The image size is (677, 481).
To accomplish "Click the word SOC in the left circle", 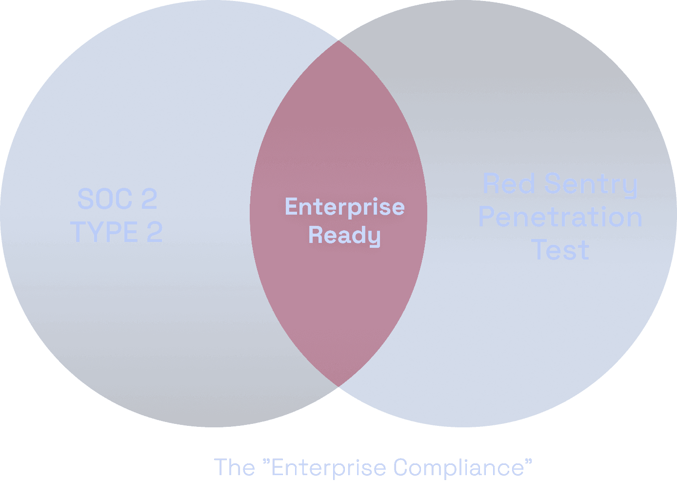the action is (x=105, y=199).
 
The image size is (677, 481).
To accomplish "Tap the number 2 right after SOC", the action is (x=149, y=199).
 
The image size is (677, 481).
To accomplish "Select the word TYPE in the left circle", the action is (x=104, y=232).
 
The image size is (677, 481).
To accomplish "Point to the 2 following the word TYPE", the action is (x=155, y=232).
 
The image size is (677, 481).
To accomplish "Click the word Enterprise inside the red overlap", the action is (x=344, y=207).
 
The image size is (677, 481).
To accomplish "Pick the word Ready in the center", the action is (x=344, y=235).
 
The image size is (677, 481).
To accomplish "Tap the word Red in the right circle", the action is (x=509, y=184).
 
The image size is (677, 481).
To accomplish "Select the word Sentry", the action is (x=591, y=184).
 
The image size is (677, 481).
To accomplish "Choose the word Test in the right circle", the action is (x=560, y=250).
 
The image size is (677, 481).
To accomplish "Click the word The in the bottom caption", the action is (x=234, y=467).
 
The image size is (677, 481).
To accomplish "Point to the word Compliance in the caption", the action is (x=458, y=467).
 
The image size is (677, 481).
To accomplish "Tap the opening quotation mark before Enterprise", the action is (x=266, y=461).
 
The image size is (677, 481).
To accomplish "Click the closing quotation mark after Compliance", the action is (x=528, y=461).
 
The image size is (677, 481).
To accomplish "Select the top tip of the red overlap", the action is (x=338, y=41).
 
